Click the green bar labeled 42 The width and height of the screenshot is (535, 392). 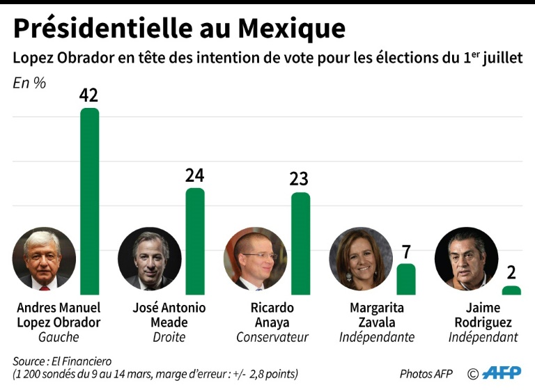coord(90,201)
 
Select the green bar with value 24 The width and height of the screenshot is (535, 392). coord(195,241)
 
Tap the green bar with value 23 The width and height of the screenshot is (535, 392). coord(300,243)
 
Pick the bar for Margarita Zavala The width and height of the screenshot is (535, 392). coord(406,279)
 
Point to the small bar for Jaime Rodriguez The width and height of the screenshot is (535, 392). coord(511,290)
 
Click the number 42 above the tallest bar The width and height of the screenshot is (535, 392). coord(88,95)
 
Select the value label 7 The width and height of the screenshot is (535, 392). coord(406,251)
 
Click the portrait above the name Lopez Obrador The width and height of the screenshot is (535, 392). coord(44,258)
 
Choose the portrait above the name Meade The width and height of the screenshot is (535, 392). coord(150,258)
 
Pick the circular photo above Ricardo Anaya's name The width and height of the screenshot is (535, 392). coord(255,258)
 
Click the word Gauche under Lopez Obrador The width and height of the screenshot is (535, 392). coord(59,338)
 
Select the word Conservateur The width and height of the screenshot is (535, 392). coord(272,338)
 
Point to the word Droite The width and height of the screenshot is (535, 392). coord(169,338)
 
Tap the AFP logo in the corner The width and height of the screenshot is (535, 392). coord(501,373)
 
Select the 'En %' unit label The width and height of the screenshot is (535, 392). coord(29,83)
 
